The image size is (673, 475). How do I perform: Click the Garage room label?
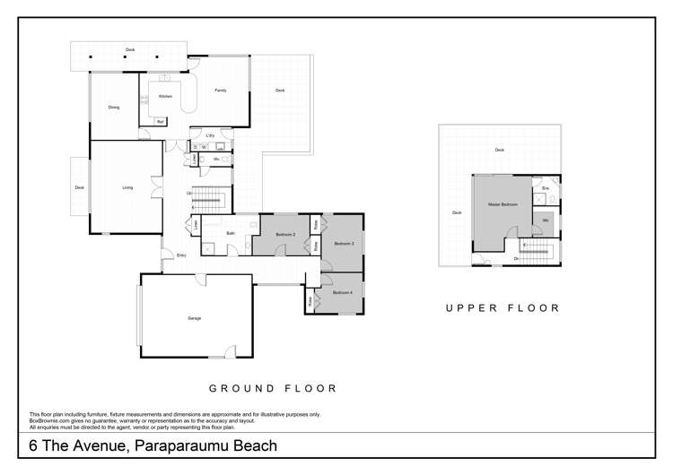[194, 318]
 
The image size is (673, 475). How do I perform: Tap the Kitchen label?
[165, 96]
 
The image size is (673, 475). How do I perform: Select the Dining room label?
[114, 108]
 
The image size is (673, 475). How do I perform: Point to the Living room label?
[127, 187]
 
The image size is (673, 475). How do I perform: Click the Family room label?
[220, 91]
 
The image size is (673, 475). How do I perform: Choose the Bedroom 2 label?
[285, 234]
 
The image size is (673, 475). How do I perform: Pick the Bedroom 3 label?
[345, 243]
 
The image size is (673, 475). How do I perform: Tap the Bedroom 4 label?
[342, 293]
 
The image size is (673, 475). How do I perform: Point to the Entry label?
[181, 255]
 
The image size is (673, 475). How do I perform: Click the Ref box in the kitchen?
[161, 121]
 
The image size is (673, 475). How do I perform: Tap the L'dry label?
[209, 135]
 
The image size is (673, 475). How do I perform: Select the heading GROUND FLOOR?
[273, 389]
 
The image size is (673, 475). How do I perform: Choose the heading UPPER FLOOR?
[503, 307]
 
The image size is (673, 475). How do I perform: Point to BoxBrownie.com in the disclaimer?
[52, 419]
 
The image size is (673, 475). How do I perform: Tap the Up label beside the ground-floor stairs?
[188, 193]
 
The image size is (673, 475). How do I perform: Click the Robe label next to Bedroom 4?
[310, 302]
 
